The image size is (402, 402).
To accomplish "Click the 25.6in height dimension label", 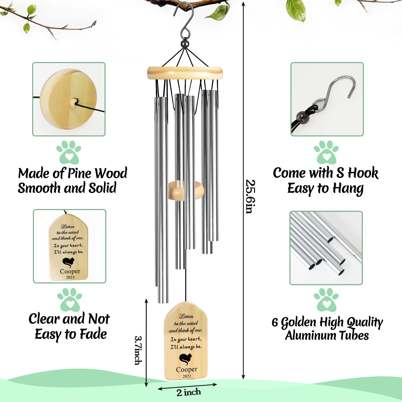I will coord(250,196).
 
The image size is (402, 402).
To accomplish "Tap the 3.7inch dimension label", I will coord(138,350).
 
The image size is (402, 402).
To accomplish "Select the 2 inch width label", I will coord(189,392).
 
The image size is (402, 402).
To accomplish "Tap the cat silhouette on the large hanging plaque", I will coord(185,359).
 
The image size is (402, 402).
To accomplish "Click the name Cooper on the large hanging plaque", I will coord(187,369).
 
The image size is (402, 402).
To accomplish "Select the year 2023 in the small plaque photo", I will coord(70,277).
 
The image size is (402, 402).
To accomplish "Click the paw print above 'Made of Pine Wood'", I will coord(69,152).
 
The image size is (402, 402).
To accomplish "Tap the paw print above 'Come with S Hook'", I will coord(326,152).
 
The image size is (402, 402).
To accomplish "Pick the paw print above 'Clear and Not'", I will coord(70,300).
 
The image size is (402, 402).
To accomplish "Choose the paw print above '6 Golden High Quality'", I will coord(326,300).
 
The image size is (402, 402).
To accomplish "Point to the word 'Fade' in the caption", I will coord(93,334).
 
